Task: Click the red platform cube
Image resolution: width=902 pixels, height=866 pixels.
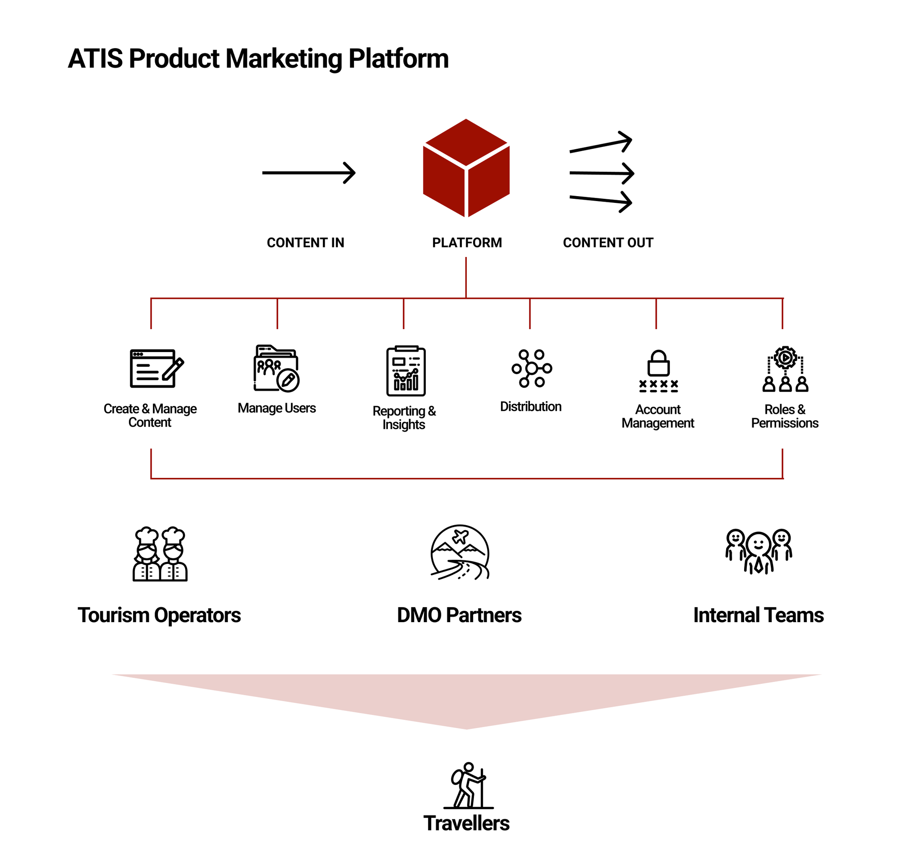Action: pyautogui.click(x=466, y=168)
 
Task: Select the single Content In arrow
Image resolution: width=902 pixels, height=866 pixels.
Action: pyautogui.click(x=308, y=173)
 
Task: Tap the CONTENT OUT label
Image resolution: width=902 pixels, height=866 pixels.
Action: pyautogui.click(x=607, y=243)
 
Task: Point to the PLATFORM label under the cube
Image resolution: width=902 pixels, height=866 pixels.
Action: pyautogui.click(x=467, y=243)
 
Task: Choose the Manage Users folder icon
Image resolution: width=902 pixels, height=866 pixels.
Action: pyautogui.click(x=276, y=368)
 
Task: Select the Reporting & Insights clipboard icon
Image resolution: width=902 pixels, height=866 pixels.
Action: pyautogui.click(x=405, y=371)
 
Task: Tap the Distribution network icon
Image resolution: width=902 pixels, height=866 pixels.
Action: pyautogui.click(x=532, y=368)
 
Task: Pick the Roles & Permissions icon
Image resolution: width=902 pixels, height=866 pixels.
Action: pyautogui.click(x=785, y=369)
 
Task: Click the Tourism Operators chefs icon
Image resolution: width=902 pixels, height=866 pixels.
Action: pyautogui.click(x=160, y=554)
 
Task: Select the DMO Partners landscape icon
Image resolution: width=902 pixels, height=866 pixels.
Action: pyautogui.click(x=459, y=552)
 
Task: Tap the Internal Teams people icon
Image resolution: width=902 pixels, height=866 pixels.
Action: pyautogui.click(x=759, y=551)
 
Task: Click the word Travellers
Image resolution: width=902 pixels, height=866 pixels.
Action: pyautogui.click(x=466, y=823)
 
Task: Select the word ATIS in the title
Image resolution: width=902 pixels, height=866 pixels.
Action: pyautogui.click(x=95, y=59)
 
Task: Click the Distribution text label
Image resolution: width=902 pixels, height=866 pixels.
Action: pyautogui.click(x=531, y=407)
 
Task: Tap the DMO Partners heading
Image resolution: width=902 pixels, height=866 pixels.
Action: pyautogui.click(x=459, y=615)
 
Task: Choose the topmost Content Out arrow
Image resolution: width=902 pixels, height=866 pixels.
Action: pyautogui.click(x=601, y=142)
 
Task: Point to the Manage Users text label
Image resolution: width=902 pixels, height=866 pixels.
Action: pyautogui.click(x=276, y=408)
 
